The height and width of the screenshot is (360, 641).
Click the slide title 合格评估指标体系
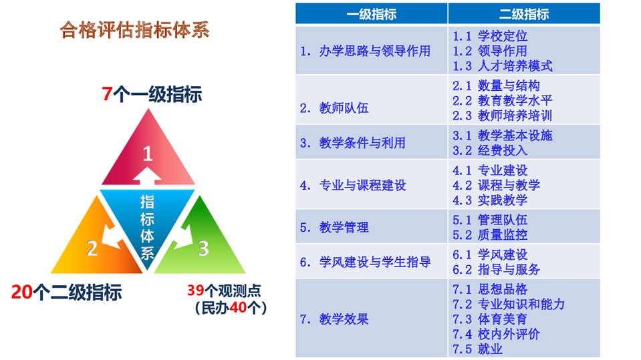pyautogui.click(x=134, y=30)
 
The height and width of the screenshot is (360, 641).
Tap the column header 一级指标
pyautogui.click(x=371, y=14)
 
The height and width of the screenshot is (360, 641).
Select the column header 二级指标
pyautogui.click(x=523, y=14)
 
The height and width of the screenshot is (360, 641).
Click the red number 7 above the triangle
pyautogui.click(x=107, y=94)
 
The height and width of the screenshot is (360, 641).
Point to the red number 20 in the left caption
pyautogui.click(x=21, y=292)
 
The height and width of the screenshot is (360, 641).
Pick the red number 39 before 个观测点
pyautogui.click(x=195, y=290)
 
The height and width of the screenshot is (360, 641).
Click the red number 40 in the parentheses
pyautogui.click(x=238, y=307)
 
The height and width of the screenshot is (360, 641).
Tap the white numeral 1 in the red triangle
pyautogui.click(x=148, y=154)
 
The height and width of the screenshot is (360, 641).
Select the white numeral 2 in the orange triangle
pyautogui.click(x=92, y=248)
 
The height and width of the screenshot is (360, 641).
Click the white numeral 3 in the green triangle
pyautogui.click(x=203, y=248)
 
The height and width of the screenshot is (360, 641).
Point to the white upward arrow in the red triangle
pyautogui.click(x=147, y=174)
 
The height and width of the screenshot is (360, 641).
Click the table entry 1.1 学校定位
pyautogui.click(x=490, y=36)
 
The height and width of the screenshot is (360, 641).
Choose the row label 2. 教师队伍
pyautogui.click(x=334, y=108)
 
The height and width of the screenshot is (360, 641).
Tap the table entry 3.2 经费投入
pyautogui.click(x=490, y=150)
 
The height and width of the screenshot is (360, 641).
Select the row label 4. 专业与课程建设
pyautogui.click(x=353, y=185)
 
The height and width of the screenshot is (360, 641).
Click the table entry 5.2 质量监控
pyautogui.click(x=490, y=234)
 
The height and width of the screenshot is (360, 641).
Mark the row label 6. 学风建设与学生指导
pyautogui.click(x=365, y=262)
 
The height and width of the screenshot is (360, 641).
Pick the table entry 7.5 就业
pyautogui.click(x=477, y=349)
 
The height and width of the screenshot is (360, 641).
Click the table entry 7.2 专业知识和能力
pyautogui.click(x=509, y=304)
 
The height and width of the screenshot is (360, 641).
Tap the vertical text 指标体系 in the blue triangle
pyautogui.click(x=147, y=227)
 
